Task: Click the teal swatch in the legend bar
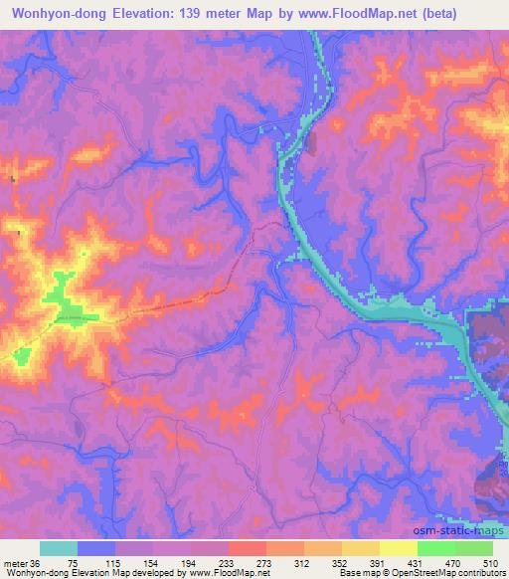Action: tap(59, 548)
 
